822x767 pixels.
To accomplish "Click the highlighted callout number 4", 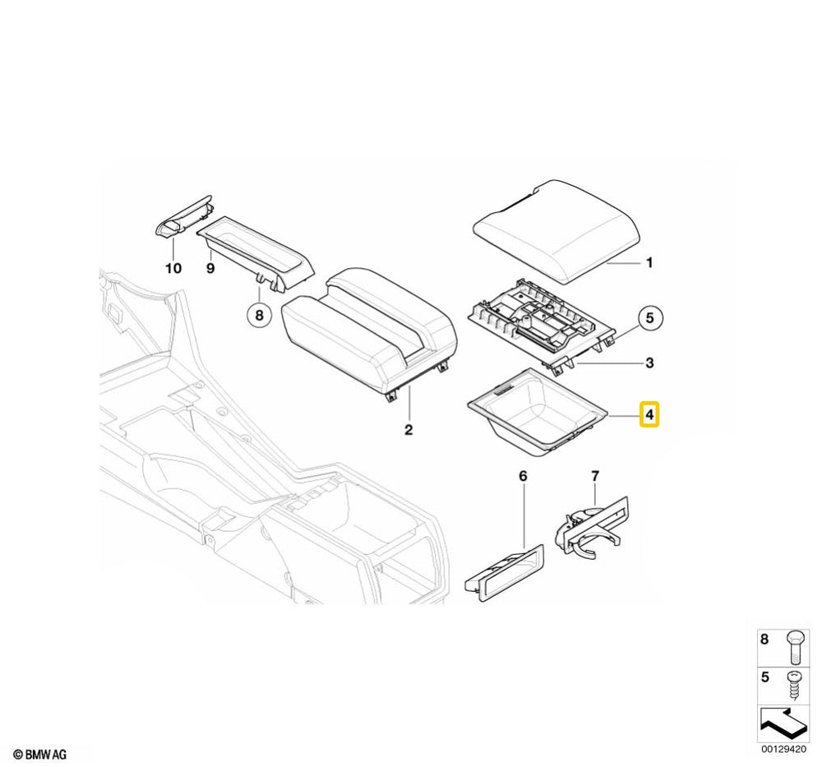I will [x=649, y=415].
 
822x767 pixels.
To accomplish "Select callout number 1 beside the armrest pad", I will [x=649, y=263].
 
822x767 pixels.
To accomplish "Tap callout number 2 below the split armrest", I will [x=409, y=430].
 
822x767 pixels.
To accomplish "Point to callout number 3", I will [x=649, y=363].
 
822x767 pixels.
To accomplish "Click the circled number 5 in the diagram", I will [x=649, y=317].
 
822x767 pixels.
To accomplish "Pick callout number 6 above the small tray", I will [x=523, y=476].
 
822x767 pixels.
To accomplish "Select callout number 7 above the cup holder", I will [x=596, y=476].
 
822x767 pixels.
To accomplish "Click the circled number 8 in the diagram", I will [x=259, y=314].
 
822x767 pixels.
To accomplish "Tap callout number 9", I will [x=210, y=269].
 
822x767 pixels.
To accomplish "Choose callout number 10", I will [x=173, y=269].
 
